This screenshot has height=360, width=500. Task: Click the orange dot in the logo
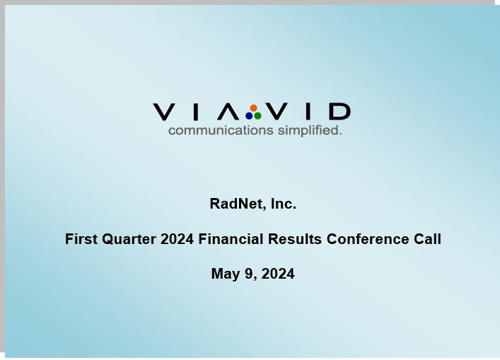(253, 108)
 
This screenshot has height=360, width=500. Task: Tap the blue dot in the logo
(249, 116)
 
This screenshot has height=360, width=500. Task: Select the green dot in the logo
(257, 116)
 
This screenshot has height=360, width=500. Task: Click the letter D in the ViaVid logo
(340, 112)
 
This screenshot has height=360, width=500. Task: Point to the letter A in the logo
(228, 112)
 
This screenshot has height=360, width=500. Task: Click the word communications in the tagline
(221, 130)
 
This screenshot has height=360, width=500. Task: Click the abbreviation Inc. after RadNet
(284, 204)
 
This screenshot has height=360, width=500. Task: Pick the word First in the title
(81, 239)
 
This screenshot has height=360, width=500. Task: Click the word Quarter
(129, 240)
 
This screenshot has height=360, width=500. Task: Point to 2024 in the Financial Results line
(177, 239)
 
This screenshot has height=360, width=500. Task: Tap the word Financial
(231, 239)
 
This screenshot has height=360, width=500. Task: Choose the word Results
(295, 239)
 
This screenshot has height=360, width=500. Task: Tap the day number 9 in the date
(249, 274)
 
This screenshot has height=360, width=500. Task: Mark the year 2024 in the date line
(278, 274)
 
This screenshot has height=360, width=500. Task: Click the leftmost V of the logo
(163, 112)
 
